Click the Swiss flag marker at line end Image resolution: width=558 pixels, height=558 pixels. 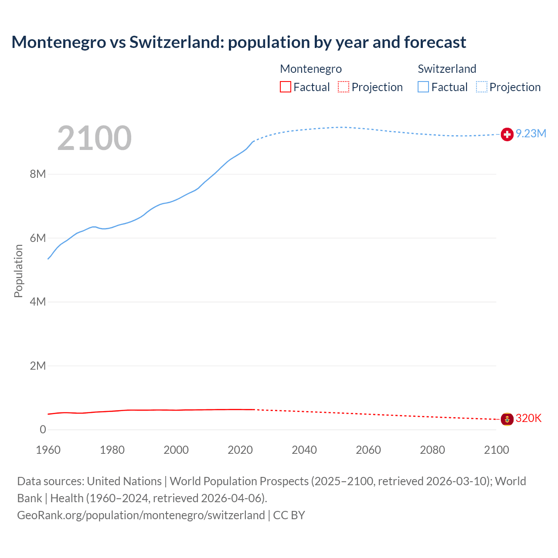(x=507, y=135)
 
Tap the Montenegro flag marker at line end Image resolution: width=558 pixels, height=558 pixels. (x=507, y=419)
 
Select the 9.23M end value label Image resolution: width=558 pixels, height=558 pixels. (x=531, y=134)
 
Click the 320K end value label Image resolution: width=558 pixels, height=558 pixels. (x=528, y=418)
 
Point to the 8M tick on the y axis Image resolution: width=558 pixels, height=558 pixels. (x=38, y=174)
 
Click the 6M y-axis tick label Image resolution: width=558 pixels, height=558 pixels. (x=38, y=238)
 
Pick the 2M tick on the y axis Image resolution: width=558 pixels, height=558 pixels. (x=38, y=366)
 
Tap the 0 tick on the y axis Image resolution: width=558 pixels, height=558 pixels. (x=43, y=430)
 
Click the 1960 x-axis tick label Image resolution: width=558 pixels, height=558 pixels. (x=48, y=450)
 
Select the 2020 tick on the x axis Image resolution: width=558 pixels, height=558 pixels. (x=240, y=450)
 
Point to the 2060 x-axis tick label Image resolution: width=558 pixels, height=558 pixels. (x=368, y=450)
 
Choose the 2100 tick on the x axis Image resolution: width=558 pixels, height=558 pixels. (x=496, y=450)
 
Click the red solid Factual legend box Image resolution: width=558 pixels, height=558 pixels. (x=286, y=87)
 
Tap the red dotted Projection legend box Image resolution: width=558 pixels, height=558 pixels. (x=344, y=87)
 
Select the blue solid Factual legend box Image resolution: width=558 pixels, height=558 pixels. (x=423, y=87)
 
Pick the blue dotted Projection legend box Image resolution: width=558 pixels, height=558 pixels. (x=482, y=87)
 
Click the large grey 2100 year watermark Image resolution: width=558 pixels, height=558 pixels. (x=94, y=138)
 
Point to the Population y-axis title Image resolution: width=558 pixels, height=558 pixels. (x=18, y=271)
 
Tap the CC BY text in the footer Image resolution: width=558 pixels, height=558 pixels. (x=289, y=515)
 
